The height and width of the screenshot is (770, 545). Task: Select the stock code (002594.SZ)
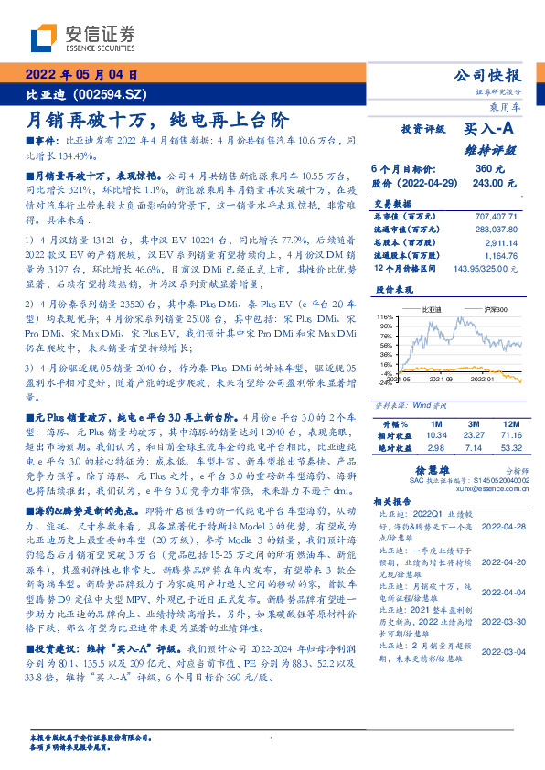pyautogui.click(x=109, y=94)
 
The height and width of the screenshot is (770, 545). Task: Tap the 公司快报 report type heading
pyautogui.click(x=487, y=75)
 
